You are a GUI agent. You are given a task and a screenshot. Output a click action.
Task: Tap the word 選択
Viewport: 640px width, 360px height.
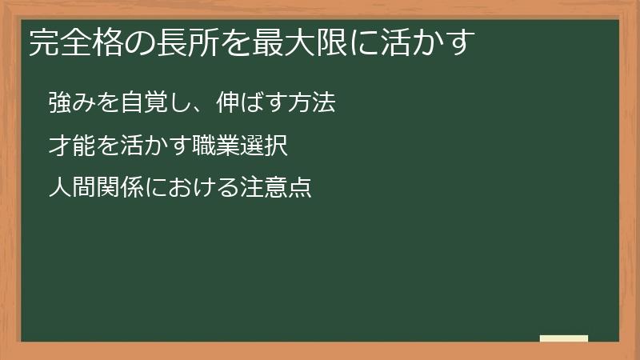point(258,146)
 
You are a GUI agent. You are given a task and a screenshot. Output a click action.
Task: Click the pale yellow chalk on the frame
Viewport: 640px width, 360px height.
point(563,339)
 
